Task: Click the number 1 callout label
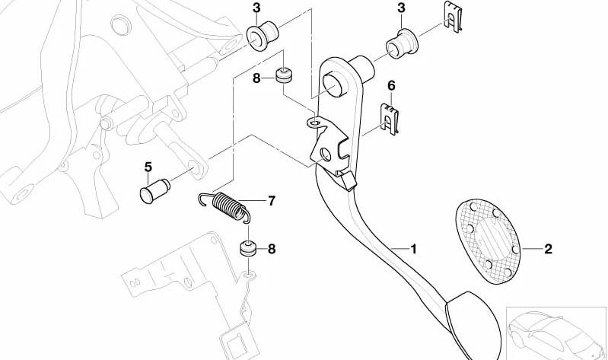pyautogui.click(x=414, y=249)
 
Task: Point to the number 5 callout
pyautogui.click(x=148, y=167)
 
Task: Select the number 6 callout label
pyautogui.click(x=392, y=86)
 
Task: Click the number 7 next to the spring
pyautogui.click(x=270, y=202)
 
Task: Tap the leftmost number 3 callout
pyautogui.click(x=257, y=8)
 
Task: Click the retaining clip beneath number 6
pyautogui.click(x=392, y=120)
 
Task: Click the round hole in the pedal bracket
pyautogui.click(x=326, y=155)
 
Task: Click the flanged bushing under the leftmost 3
pyautogui.click(x=263, y=34)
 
